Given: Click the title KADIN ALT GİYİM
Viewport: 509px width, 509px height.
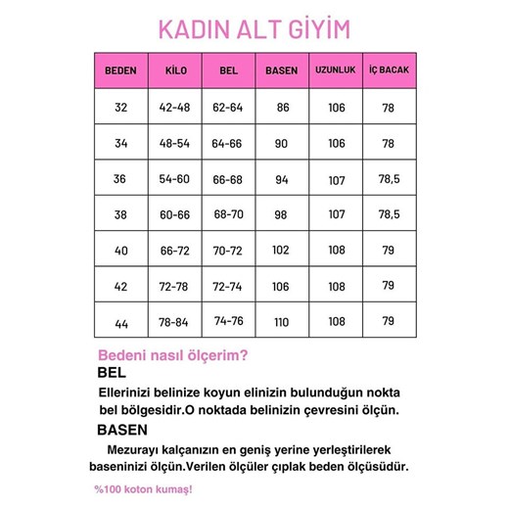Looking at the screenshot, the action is click(254, 30).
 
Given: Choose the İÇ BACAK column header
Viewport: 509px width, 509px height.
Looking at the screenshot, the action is click(388, 70).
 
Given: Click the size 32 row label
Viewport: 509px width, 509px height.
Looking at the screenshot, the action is click(120, 108).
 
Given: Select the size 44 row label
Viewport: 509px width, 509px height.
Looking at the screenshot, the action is click(120, 322).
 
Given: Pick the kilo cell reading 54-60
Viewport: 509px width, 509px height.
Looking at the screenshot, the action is click(176, 179).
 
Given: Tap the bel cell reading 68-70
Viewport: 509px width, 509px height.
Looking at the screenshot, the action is click(228, 214).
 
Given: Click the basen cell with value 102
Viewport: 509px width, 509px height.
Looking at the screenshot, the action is click(281, 250).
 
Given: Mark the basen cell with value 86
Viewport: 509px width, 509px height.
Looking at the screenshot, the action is click(281, 108).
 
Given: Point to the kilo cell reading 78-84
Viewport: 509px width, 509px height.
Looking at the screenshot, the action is click(176, 322).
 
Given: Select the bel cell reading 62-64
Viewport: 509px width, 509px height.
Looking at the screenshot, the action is click(228, 108).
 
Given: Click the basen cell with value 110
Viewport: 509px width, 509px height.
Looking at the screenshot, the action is click(281, 322).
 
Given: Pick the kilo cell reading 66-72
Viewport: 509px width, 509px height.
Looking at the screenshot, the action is click(176, 250).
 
